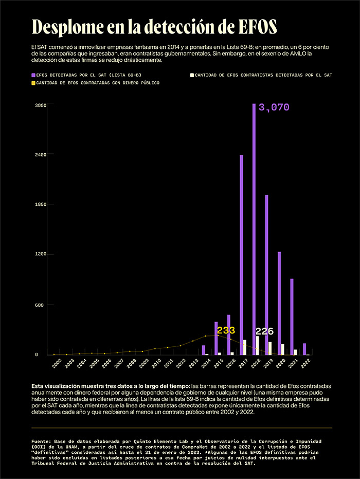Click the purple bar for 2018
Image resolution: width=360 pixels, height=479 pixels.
point(254,229)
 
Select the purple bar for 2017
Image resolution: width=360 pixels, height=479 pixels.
point(241,255)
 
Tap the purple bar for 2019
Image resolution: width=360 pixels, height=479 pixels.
point(266,275)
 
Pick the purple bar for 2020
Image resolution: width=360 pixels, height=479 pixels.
point(279,304)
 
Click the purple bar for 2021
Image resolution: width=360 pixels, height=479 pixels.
point(292,317)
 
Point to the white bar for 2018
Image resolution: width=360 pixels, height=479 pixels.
point(258,346)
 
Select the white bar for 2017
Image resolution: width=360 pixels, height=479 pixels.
point(245,347)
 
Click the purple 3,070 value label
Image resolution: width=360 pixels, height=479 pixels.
point(274,108)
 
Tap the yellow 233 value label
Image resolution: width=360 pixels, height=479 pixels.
point(226,330)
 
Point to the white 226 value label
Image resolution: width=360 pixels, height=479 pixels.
point(264,331)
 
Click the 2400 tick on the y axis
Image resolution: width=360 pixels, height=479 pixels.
point(41,154)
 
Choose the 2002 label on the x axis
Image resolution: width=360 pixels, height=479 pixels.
point(57,363)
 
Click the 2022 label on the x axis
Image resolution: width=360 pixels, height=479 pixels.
point(305,363)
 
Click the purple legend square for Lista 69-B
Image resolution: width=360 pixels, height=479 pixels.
point(33,75)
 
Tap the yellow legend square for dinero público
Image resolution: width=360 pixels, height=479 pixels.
point(33,83)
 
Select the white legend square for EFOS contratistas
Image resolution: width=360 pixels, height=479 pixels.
point(192,75)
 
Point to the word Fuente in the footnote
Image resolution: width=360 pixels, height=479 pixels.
point(41,441)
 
